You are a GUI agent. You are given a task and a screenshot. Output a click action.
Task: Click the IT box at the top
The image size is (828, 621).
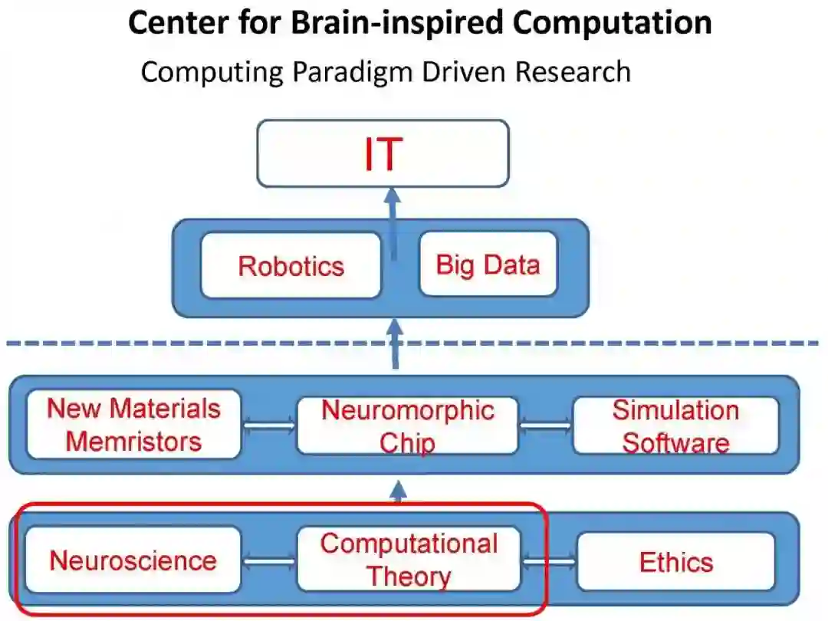pos(383,153)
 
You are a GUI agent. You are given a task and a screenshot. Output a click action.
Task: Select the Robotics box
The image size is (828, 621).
pos(291,265)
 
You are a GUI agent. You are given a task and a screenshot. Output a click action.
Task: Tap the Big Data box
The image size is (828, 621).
pos(488,264)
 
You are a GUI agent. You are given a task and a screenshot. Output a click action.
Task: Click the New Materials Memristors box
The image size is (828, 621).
pos(133,424)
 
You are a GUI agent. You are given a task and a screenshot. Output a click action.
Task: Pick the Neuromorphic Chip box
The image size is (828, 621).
pos(407,426)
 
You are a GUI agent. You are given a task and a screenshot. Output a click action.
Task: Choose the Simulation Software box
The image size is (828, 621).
pos(675,426)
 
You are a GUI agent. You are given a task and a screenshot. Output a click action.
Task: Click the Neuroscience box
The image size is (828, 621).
pos(133,560)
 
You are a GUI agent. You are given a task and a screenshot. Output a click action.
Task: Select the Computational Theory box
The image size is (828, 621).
pos(408,559)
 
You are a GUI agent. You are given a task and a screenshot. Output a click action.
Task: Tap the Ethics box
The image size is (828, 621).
pos(675,562)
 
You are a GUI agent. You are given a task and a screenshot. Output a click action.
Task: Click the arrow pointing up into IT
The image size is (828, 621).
pos(393,219)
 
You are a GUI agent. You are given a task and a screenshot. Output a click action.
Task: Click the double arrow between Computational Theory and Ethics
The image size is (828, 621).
pos(549,562)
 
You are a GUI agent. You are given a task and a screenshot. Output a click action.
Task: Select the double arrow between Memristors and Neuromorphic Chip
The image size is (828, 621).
pos(268,424)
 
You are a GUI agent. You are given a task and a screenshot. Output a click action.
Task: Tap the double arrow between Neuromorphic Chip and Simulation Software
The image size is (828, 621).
pos(545,424)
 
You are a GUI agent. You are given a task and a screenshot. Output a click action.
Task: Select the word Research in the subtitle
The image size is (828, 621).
pos(573,72)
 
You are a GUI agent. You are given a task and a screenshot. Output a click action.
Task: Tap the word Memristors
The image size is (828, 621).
pos(133,441)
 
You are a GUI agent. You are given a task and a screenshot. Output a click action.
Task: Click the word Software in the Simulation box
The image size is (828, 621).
pos(675,443)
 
